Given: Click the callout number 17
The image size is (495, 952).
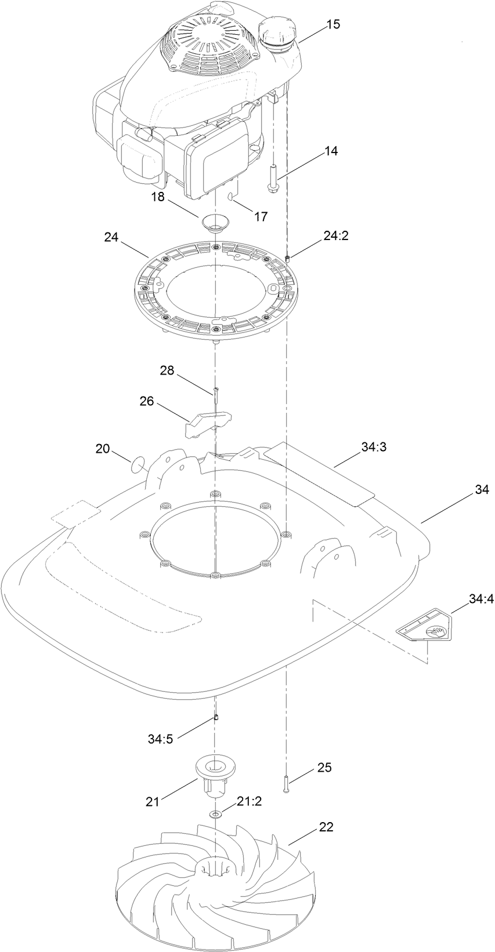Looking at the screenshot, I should click(261, 216).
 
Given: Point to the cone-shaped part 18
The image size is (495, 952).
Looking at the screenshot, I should click(215, 222).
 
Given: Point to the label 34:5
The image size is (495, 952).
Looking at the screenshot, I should click(161, 737).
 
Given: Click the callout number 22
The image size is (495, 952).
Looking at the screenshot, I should click(326, 827).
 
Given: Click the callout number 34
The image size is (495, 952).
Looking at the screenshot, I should click(482, 490).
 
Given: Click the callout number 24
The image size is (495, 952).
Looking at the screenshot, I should click(111, 237).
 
